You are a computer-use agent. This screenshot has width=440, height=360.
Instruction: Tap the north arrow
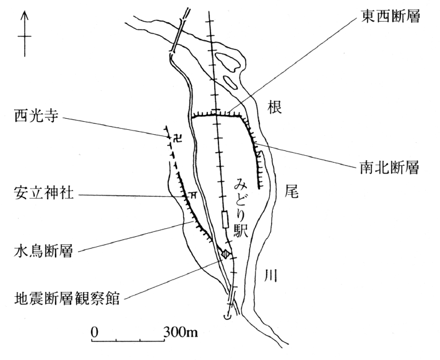point(24,34)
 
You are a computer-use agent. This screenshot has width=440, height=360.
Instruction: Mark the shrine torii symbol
point(193,194)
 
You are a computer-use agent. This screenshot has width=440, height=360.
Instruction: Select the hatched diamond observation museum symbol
point(227,253)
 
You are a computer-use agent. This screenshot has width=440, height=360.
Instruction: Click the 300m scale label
point(181,332)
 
